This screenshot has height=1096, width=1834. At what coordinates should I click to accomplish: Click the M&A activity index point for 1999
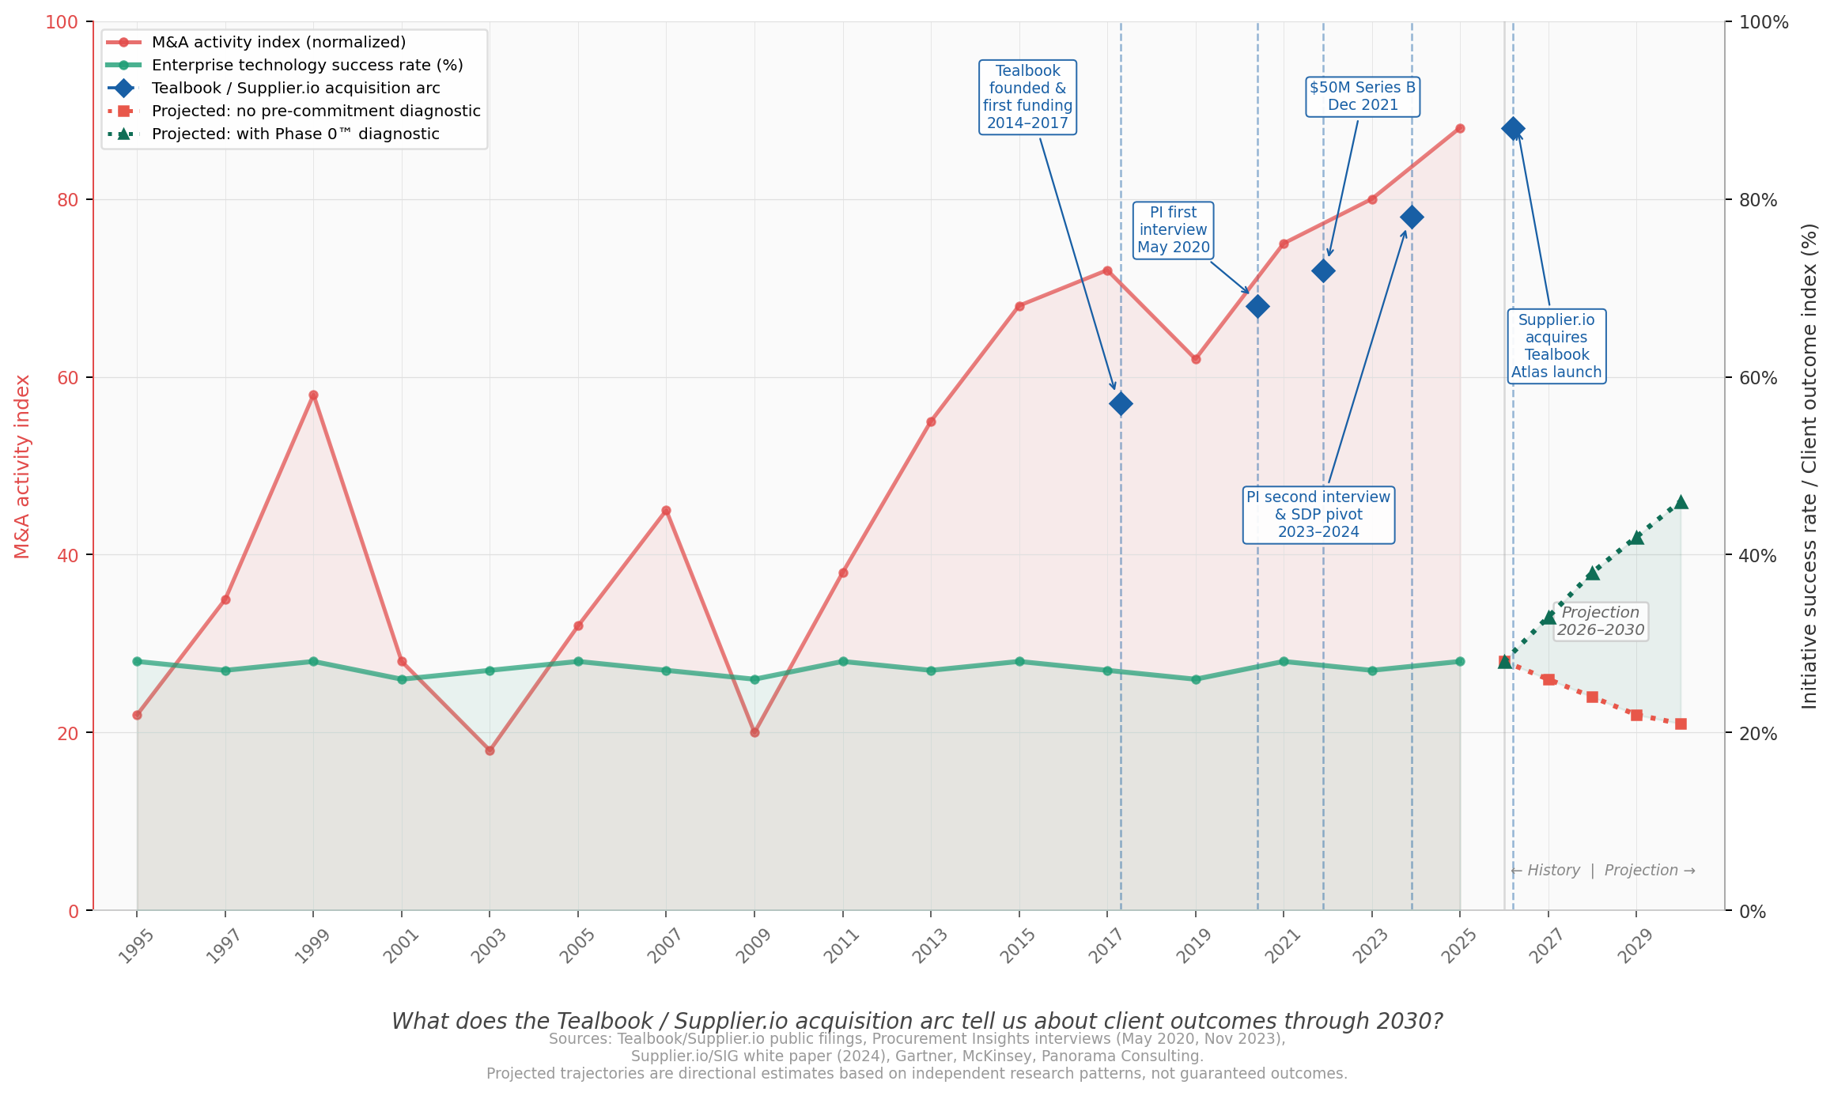click(x=313, y=395)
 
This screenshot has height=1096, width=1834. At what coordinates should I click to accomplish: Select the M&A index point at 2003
click(x=490, y=750)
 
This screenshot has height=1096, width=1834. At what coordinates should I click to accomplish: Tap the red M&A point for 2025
click(x=1460, y=128)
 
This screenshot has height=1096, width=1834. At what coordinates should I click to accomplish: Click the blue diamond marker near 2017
click(x=1121, y=404)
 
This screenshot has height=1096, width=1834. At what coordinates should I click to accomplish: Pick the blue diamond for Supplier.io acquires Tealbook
click(x=1513, y=129)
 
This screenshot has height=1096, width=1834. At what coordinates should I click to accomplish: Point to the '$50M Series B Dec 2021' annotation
click(x=1363, y=96)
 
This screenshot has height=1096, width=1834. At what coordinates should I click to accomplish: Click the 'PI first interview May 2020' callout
click(x=1174, y=230)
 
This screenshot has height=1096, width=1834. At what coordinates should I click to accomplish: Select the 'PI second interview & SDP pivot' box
click(x=1318, y=515)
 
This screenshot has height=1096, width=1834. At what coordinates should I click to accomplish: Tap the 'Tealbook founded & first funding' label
click(x=1027, y=97)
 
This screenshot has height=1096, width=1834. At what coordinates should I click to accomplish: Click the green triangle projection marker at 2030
click(x=1681, y=503)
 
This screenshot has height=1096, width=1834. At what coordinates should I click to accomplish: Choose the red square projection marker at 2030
click(x=1681, y=724)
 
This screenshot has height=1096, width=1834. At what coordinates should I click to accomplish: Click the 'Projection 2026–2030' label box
click(x=1601, y=622)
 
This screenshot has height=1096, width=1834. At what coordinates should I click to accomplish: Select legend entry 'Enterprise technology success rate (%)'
click(x=307, y=66)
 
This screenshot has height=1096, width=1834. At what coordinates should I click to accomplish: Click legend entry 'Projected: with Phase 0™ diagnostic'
click(x=295, y=134)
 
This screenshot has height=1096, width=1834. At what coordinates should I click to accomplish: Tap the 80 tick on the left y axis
click(x=69, y=200)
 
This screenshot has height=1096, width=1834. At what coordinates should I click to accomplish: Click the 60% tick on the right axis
click(x=1757, y=378)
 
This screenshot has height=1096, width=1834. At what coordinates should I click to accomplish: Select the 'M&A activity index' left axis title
click(x=23, y=467)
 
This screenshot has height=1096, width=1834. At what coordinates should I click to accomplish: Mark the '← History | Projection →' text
click(x=1602, y=871)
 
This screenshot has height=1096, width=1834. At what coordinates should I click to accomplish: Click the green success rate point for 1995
click(x=137, y=662)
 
